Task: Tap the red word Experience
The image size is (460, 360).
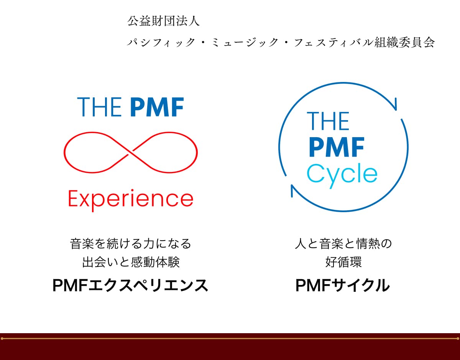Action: (131, 200)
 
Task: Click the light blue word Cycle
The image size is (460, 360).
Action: (342, 175)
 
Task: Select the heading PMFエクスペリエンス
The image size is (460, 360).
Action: (130, 285)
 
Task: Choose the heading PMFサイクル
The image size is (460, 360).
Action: (342, 285)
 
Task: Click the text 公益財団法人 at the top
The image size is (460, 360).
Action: (163, 21)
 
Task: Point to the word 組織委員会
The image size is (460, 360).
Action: (404, 42)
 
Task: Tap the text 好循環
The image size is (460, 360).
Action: (343, 262)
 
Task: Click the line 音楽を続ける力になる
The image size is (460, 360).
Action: (131, 244)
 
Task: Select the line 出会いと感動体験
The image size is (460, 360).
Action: (131, 262)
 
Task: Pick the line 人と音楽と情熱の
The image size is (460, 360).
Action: (343, 244)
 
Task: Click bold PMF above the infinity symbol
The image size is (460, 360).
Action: (157, 107)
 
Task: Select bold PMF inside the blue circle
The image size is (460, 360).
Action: (337, 147)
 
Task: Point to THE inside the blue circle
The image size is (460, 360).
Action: (328, 121)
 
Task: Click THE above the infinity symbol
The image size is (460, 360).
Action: (100, 107)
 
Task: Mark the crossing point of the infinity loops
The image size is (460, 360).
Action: (131, 153)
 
